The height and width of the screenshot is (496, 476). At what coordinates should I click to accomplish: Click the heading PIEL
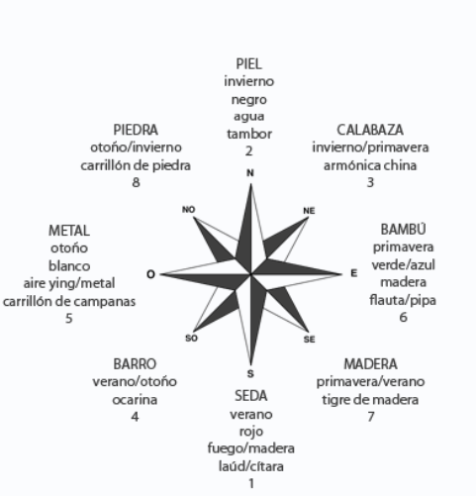[249, 64]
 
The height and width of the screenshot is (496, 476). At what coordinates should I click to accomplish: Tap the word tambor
[249, 134]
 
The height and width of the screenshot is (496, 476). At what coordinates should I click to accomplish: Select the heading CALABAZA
[370, 130]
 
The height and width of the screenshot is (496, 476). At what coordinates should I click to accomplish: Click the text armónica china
[370, 165]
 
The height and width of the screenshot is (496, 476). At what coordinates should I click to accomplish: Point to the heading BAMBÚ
[403, 230]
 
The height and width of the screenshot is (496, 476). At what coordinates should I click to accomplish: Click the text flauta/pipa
[403, 300]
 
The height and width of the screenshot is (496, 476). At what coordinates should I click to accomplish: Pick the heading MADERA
[370, 364]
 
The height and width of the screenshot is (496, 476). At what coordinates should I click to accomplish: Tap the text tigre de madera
[370, 400]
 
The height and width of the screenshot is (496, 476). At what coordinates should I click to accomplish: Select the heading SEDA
[251, 396]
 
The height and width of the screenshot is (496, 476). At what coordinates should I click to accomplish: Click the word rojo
[251, 432]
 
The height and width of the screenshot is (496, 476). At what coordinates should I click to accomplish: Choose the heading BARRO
[135, 364]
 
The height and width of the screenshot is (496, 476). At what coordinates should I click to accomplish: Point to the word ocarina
[135, 400]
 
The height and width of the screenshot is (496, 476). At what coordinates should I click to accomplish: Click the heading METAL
[69, 231]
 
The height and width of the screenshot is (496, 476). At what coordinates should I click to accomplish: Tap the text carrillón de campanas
[69, 302]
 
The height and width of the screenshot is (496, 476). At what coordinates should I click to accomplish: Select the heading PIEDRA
[136, 130]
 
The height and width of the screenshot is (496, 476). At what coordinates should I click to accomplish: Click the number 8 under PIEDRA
[136, 182]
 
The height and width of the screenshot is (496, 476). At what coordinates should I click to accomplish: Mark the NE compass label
[309, 211]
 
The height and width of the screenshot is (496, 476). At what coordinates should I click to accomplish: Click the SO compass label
[191, 339]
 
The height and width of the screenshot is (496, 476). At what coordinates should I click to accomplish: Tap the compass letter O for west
[150, 274]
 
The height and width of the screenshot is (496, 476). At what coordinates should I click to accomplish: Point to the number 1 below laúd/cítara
[251, 484]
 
